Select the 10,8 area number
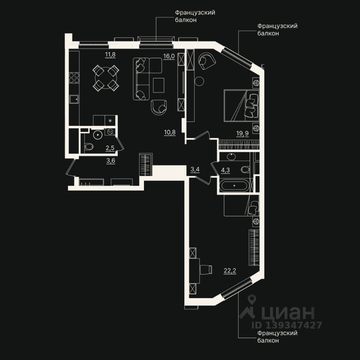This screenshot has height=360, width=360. click(x=170, y=132)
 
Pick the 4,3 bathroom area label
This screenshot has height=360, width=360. click(x=225, y=170)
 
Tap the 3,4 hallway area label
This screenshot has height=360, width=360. click(x=195, y=169)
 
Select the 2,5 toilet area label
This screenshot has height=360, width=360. click(x=110, y=148)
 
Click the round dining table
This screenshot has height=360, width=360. click(x=106, y=78)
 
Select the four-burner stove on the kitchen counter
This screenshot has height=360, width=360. click(x=74, y=78)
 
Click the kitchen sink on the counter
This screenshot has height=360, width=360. click(x=74, y=99)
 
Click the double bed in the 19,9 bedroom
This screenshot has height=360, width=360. click(x=241, y=105)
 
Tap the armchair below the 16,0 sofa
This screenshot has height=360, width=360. click(x=159, y=107)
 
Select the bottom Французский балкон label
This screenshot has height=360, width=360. click(x=272, y=336)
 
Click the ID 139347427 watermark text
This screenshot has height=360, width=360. click(x=288, y=325)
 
